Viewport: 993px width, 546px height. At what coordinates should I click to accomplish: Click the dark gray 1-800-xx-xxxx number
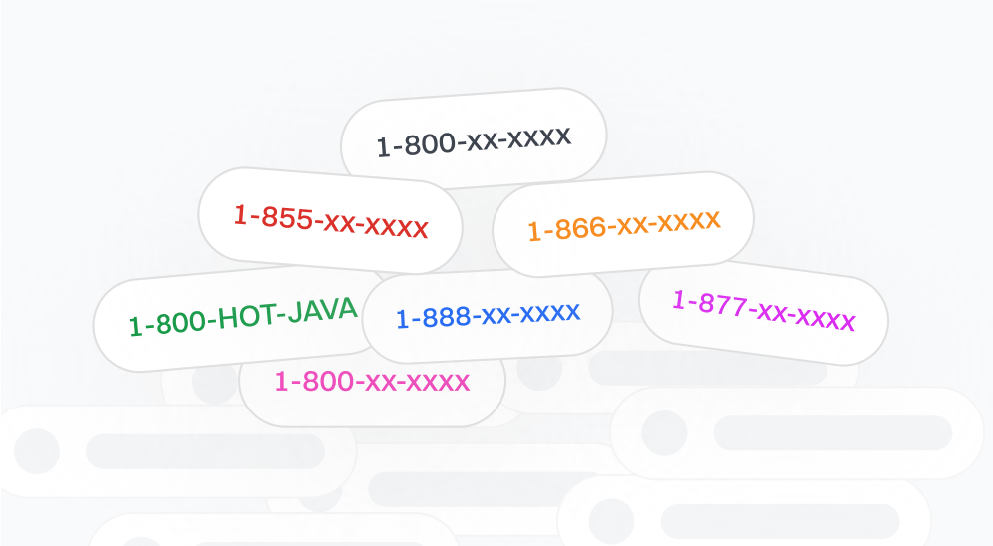474,140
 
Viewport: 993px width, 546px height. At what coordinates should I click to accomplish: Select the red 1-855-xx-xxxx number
330,220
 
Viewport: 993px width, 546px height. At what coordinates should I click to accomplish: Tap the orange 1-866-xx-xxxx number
623,225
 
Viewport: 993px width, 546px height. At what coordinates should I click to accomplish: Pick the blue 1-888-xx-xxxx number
488,315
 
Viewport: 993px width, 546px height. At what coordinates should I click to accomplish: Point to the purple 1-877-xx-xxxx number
763,310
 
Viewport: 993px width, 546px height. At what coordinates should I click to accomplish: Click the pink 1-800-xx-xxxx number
372,381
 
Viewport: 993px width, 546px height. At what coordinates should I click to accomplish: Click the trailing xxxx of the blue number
549,313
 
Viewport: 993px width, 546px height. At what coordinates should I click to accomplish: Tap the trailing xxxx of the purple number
825,319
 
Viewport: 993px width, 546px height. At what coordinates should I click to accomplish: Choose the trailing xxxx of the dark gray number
539,136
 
